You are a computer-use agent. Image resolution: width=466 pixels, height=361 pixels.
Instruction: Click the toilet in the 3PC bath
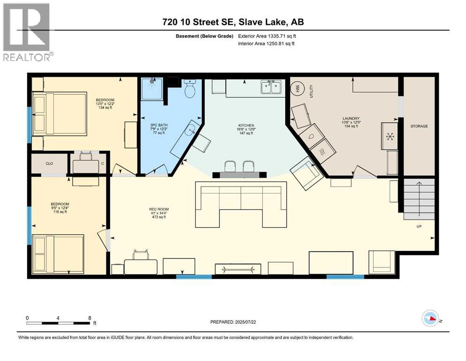[190, 89]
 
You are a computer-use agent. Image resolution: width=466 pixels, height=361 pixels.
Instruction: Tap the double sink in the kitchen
[271, 87]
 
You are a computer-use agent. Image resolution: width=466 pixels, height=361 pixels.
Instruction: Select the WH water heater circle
[297, 88]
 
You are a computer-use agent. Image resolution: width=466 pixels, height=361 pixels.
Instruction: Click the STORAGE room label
[419, 126]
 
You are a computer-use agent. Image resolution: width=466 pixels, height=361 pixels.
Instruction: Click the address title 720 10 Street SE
[233, 22]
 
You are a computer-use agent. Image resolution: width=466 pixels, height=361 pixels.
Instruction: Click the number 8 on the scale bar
[90, 317]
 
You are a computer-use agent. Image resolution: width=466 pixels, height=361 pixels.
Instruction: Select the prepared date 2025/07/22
[233, 322]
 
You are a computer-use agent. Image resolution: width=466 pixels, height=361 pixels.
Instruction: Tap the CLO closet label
[49, 164]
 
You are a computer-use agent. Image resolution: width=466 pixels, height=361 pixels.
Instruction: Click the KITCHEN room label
[245, 126]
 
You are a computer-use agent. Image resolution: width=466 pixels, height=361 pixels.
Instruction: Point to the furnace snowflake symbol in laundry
[390, 136]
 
